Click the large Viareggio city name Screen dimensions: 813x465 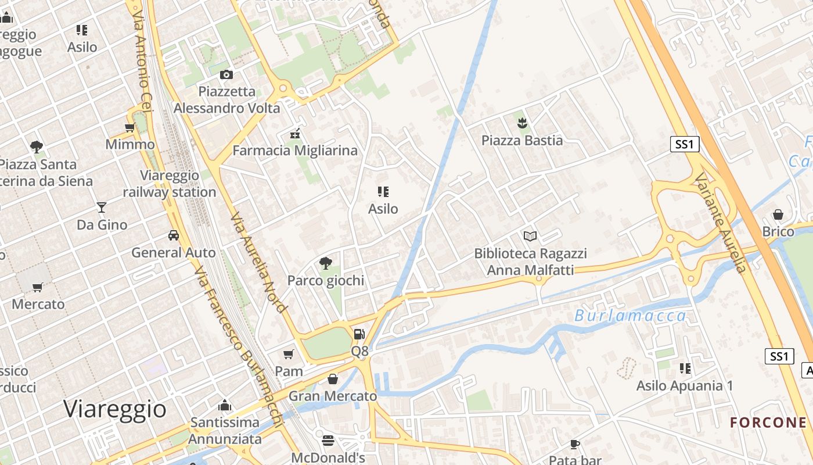[x=115, y=409]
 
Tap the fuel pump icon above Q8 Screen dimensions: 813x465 [x=359, y=334]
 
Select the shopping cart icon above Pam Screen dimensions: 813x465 [x=289, y=354]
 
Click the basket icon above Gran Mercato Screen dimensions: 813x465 [x=333, y=379]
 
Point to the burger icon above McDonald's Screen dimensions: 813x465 [x=328, y=440]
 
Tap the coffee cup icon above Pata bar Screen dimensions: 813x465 [x=575, y=444]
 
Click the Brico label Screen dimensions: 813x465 [x=778, y=231]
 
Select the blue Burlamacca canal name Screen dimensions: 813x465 [x=630, y=316]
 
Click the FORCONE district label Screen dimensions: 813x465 [x=768, y=423]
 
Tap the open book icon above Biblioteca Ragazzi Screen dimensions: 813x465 [x=530, y=236]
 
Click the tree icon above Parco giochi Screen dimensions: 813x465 [x=325, y=263]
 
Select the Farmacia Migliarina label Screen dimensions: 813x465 [x=295, y=151]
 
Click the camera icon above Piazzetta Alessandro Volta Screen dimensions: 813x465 [x=226, y=74]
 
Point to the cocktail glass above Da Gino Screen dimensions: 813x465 [x=102, y=207]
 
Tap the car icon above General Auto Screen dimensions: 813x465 [x=173, y=235]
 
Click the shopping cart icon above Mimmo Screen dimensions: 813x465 [x=130, y=127]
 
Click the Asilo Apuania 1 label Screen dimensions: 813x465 [x=685, y=385]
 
